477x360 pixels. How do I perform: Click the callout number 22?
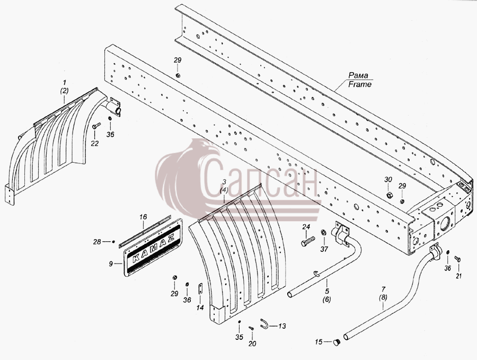tap(95, 143)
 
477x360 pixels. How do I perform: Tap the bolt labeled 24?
tap(307, 241)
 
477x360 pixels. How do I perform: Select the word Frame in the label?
tap(360, 84)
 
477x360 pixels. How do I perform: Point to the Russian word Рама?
tap(358, 75)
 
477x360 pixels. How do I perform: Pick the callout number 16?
tap(143, 217)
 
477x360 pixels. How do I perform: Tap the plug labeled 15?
tap(336, 343)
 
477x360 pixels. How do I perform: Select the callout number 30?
tap(388, 180)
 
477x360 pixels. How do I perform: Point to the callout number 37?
tap(324, 249)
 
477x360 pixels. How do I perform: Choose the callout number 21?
tap(458, 276)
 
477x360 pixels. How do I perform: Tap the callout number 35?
tap(239, 337)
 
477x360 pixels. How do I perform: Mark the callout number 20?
tap(252, 344)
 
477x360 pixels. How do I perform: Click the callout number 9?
tap(111, 264)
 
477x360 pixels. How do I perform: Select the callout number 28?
tap(97, 242)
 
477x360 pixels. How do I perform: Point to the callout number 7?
tap(383, 289)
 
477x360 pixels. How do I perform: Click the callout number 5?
tap(326, 291)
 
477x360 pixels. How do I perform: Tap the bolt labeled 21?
tap(457, 259)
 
